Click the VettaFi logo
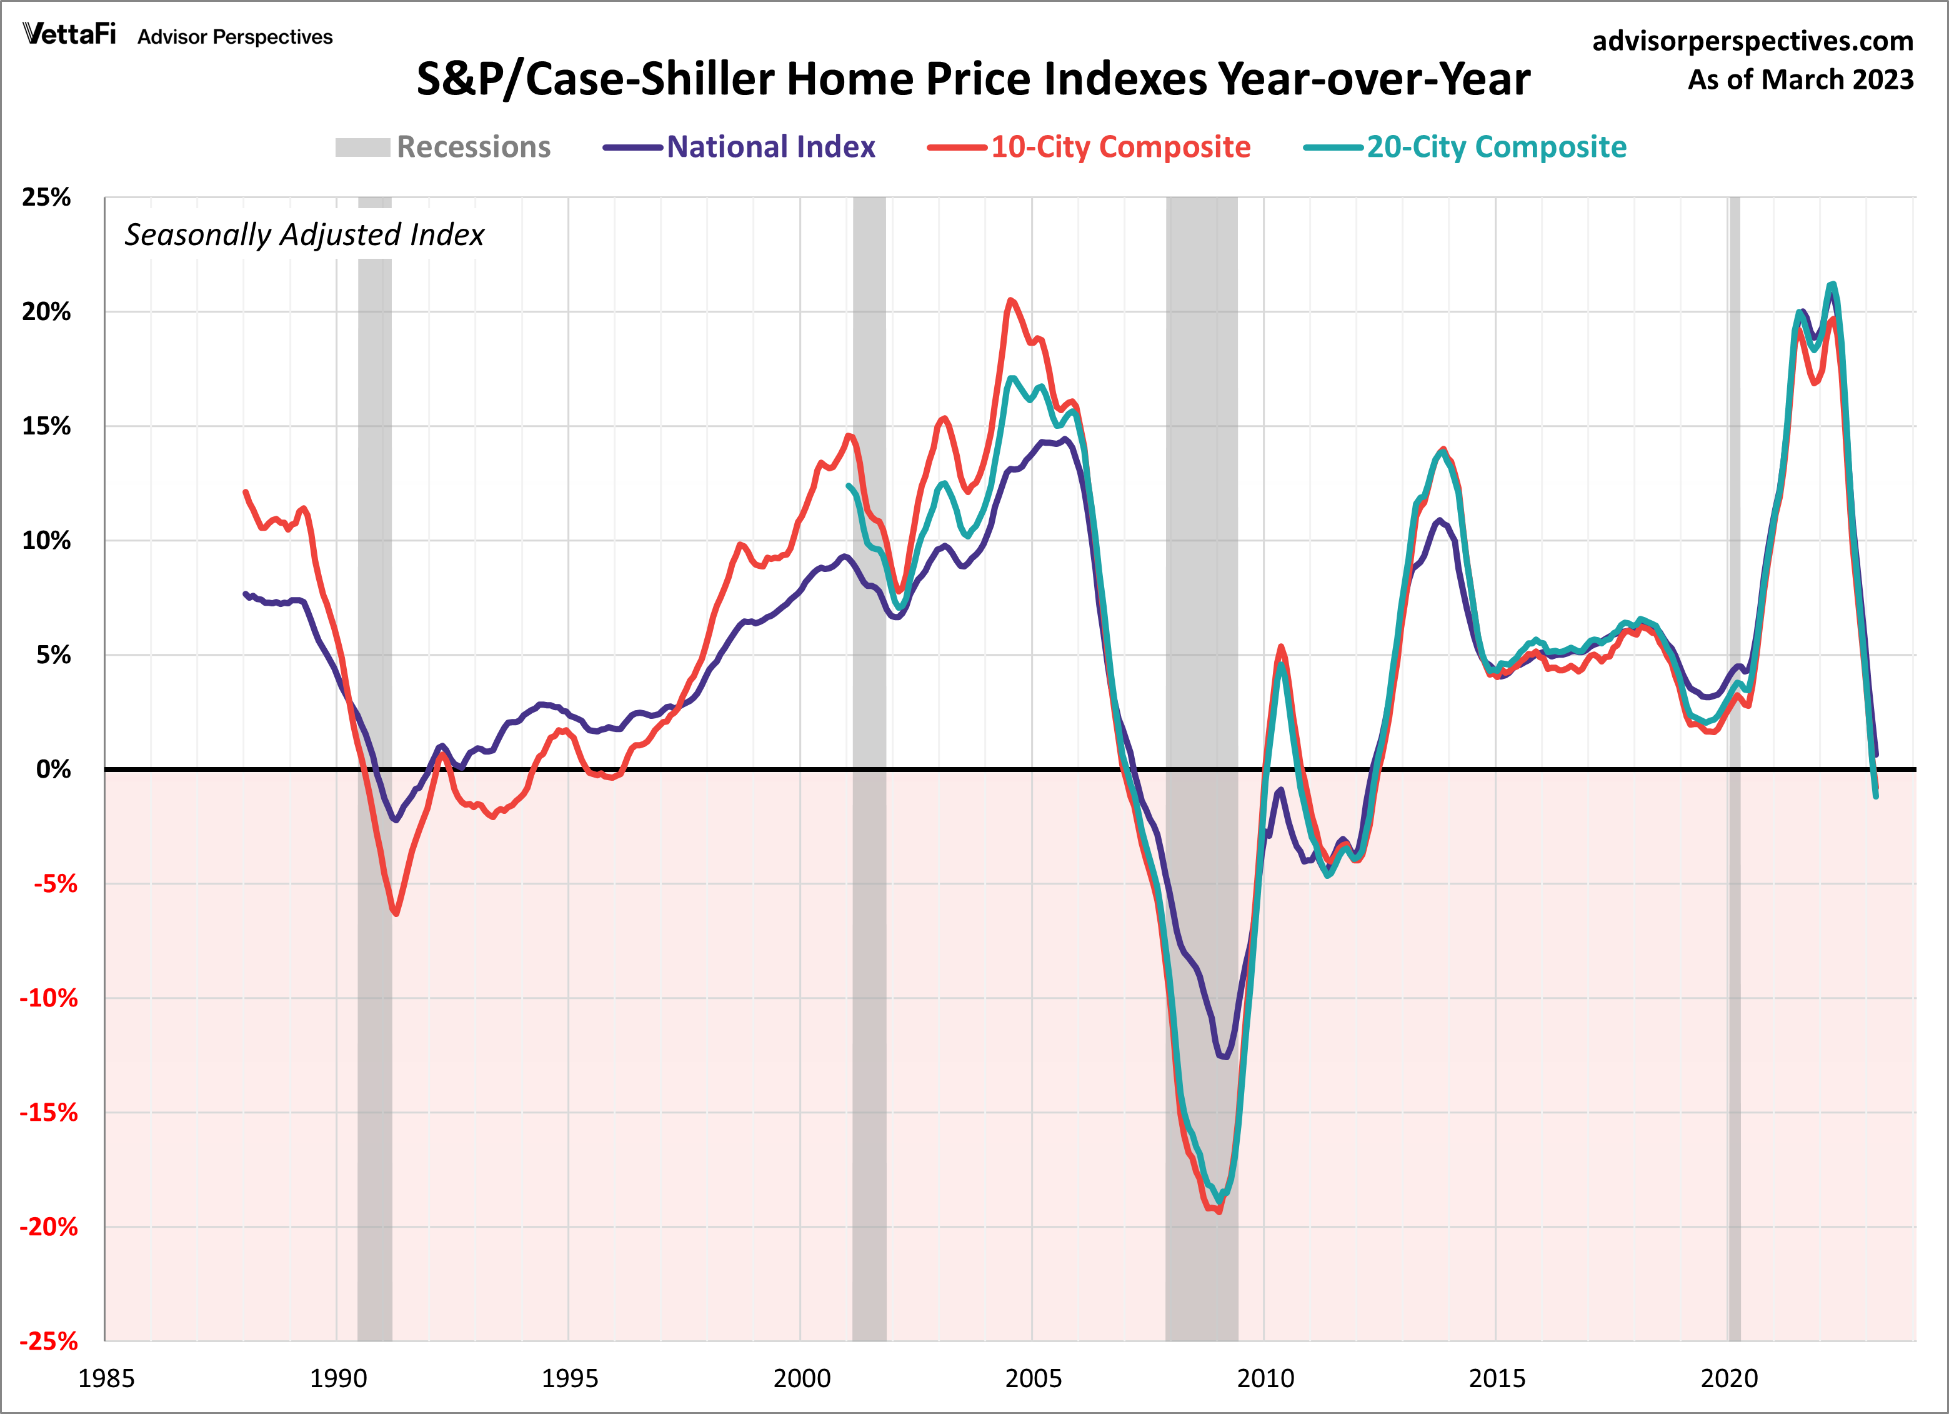69,34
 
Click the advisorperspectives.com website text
1752,41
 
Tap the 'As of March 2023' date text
1800,79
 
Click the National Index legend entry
740,147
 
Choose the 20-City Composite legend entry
1466,147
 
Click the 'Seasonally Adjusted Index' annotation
304,234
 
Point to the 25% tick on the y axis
46,197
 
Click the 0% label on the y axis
53,770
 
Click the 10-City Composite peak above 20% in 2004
1010,300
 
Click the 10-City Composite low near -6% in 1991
396,913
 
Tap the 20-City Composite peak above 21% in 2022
1833,284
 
